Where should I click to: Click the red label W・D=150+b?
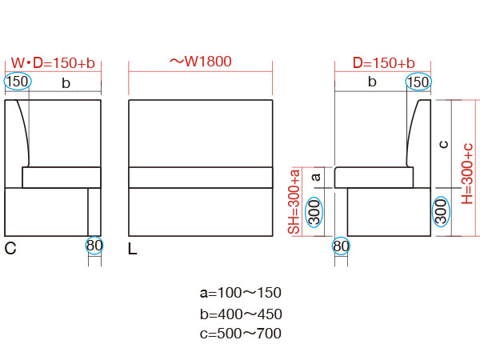pos(53,62)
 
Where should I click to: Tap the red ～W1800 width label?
pos(201,62)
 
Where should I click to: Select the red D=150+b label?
pos(383,62)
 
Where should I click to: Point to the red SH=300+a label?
pos(294,202)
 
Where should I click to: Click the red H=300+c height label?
pos(467,174)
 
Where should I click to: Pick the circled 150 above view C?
pos(18,82)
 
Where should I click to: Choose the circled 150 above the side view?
pos(418,82)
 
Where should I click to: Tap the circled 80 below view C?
pos(94,246)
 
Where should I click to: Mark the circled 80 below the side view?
pos(341,246)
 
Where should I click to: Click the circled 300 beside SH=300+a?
pos(314,212)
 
